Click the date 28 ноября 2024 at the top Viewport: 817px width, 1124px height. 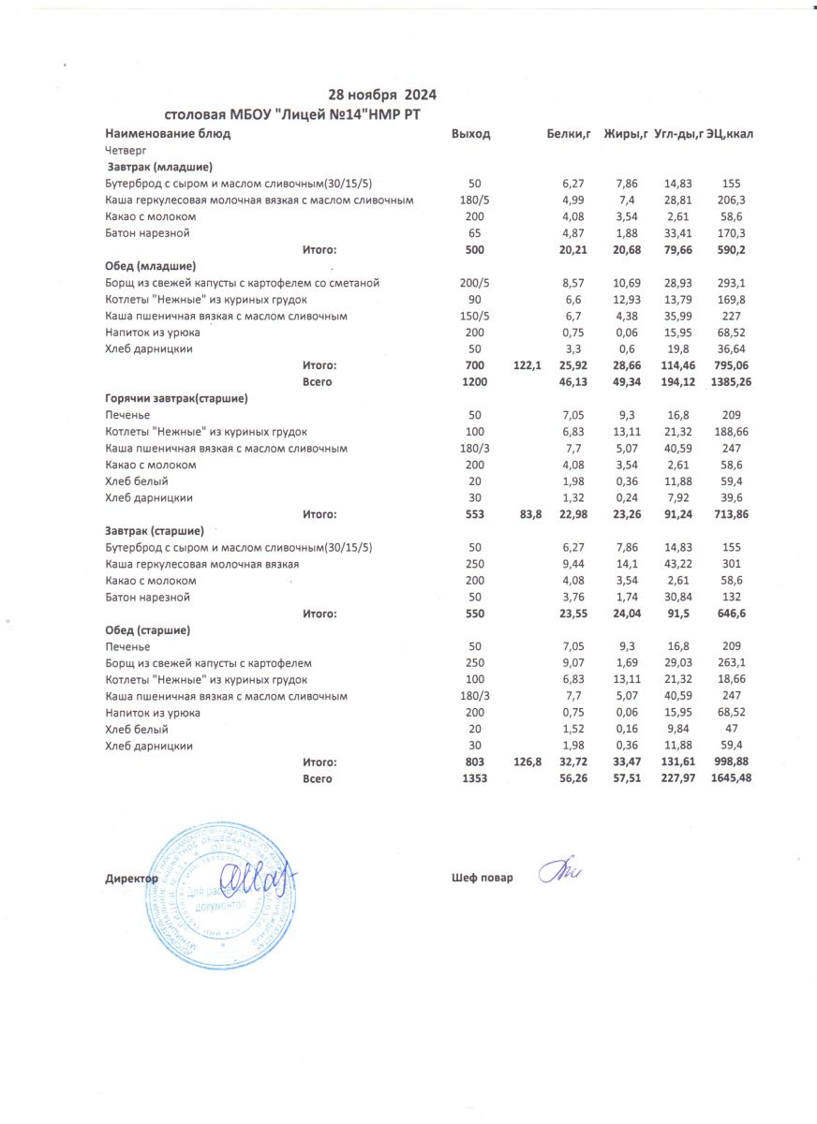click(382, 95)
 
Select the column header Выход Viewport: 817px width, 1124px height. click(470, 134)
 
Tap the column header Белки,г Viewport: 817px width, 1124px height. click(567, 134)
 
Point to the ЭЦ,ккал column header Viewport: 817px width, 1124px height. click(730, 134)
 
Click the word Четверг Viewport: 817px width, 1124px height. click(125, 150)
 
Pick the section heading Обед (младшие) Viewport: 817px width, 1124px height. click(150, 266)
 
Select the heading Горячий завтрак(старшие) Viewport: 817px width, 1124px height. click(176, 398)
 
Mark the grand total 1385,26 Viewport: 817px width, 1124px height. click(732, 382)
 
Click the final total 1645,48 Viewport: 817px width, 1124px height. click(732, 779)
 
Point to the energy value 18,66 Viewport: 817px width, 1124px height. click(732, 680)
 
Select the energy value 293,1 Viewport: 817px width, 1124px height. click(732, 283)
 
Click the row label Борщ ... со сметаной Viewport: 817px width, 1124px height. click(242, 283)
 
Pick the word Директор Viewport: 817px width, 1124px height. click(132, 879)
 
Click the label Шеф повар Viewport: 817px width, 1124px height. click(482, 878)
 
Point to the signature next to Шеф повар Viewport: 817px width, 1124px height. click(561, 871)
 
